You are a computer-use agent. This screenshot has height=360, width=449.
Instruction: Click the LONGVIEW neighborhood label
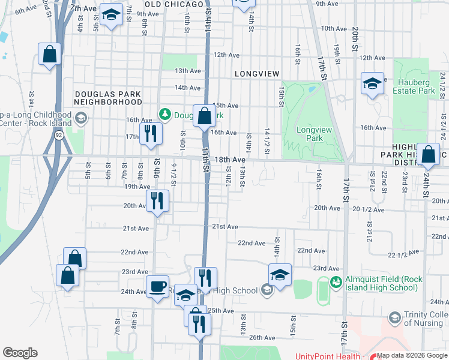point(258,74)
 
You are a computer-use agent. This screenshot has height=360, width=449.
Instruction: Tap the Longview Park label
point(309,134)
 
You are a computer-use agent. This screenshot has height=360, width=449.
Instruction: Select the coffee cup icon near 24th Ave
point(158,286)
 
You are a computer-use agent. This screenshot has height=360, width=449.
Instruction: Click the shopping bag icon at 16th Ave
point(204,115)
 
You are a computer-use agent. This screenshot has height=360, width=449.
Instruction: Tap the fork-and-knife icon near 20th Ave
point(157,200)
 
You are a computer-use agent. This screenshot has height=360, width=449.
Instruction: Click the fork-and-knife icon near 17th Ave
point(150,133)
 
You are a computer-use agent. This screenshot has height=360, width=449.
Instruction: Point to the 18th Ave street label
point(230,160)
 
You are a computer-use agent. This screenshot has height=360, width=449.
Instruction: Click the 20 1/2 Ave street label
point(368,209)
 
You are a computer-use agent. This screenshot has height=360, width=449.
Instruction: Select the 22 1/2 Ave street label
point(402,255)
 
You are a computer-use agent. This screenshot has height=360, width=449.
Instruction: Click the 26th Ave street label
point(262,338)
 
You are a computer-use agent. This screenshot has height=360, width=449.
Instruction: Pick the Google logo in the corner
point(20,353)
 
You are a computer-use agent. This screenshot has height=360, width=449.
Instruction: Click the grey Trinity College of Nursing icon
point(395,316)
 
